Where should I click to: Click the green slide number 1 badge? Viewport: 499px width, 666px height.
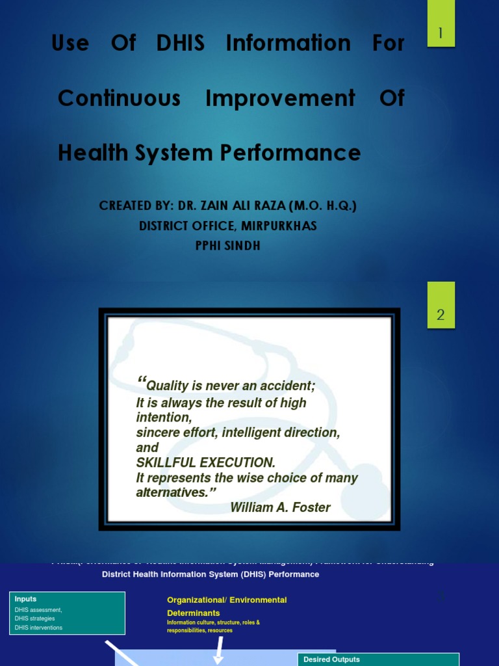point(441,33)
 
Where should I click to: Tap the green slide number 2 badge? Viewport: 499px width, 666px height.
point(441,315)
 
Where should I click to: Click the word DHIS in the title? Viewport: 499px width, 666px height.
point(181,44)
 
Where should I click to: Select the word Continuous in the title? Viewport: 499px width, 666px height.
point(119,98)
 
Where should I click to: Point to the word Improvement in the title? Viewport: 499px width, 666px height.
point(280,98)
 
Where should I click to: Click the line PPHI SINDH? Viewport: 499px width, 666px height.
point(227,246)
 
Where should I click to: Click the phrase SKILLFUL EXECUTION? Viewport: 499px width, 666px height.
point(205,462)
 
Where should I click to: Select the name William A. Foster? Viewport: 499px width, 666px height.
point(280,507)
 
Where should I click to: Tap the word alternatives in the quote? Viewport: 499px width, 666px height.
point(172,492)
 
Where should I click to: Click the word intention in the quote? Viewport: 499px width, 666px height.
point(163,418)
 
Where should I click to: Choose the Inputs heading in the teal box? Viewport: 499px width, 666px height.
point(26,599)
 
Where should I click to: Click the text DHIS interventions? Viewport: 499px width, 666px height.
point(39,628)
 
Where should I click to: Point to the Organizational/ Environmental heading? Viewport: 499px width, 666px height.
point(227,600)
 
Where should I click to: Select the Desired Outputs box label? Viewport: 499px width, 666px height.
point(331,659)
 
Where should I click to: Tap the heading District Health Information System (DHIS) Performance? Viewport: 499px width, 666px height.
point(211,574)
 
